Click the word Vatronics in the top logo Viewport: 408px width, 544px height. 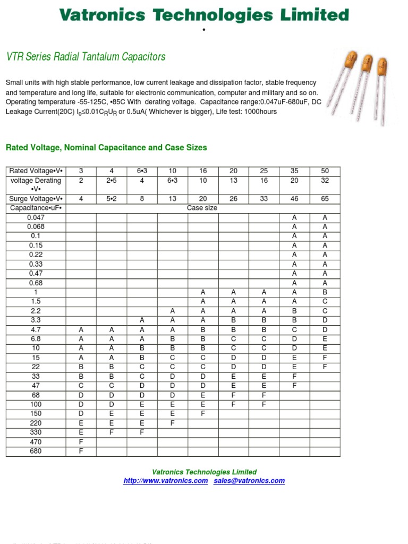[102, 15]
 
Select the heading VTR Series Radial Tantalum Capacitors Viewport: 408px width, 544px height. [86, 57]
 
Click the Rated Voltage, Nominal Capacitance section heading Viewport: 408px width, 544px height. [106, 148]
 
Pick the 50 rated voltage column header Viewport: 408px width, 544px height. [325, 171]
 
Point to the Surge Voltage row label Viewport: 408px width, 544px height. [36, 199]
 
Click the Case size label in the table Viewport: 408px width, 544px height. [202, 208]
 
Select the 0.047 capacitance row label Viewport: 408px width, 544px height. [36, 217]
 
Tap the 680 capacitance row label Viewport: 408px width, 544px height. [36, 451]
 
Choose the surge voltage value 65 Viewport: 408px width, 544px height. [325, 199]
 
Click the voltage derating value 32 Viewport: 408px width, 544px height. [325, 181]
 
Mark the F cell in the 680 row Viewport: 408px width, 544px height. [81, 451]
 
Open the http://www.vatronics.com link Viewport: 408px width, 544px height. [166, 481]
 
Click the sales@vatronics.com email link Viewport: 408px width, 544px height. [249, 481]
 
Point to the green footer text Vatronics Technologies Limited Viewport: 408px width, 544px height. [204, 472]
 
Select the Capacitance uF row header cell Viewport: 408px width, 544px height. [36, 208]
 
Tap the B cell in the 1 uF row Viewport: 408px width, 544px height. [325, 292]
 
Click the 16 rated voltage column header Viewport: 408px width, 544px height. [203, 171]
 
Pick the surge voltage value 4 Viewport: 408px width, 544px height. [81, 199]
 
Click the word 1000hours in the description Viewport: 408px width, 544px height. [260, 112]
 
